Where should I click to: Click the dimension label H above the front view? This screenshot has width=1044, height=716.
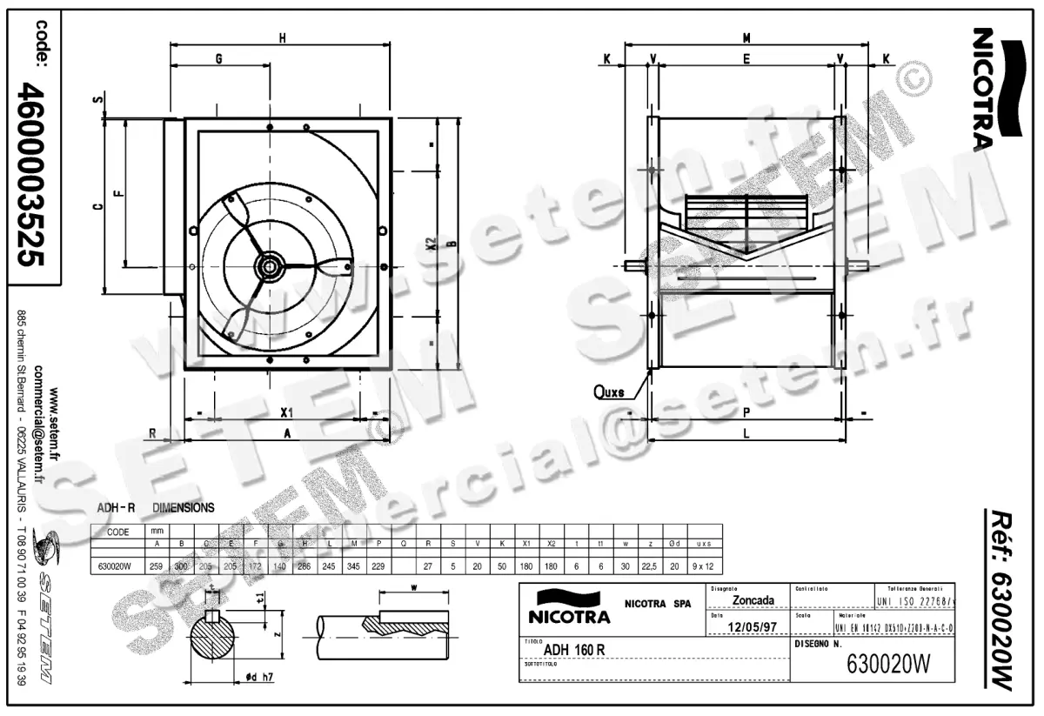pos(282,37)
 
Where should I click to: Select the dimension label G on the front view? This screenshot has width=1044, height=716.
pos(219,58)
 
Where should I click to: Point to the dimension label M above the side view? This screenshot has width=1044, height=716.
pos(746,37)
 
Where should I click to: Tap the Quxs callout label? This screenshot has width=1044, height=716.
pos(609,391)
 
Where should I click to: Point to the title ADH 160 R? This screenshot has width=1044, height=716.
pos(574,649)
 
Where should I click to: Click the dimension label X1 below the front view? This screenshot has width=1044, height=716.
pos(286,412)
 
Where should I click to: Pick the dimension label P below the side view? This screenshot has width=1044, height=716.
pos(746,412)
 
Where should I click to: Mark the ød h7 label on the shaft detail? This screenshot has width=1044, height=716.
pos(260,678)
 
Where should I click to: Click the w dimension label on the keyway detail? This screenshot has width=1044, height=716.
pos(414,588)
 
